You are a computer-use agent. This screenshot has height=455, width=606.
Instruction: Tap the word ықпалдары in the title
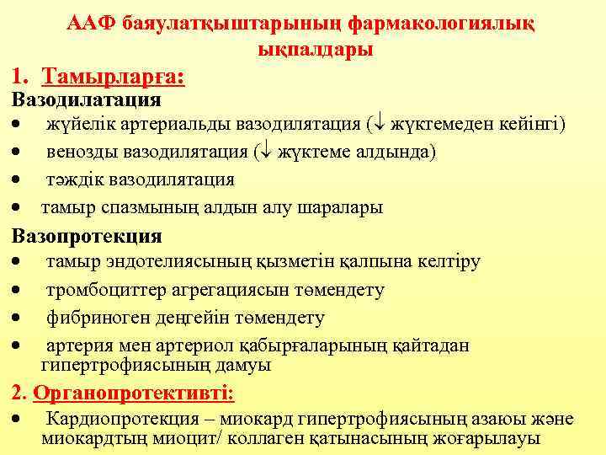(314, 50)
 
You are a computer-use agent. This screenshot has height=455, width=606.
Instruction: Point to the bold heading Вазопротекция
(86, 236)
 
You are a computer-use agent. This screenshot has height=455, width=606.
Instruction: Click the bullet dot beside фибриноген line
(16, 318)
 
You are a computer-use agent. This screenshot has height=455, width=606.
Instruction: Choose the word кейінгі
(535, 126)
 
